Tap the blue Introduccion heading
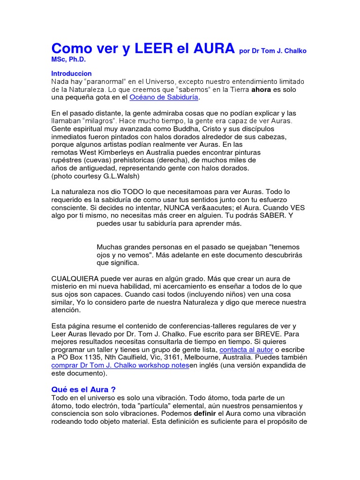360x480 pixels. (x=71, y=74)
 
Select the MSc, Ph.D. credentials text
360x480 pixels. (x=69, y=60)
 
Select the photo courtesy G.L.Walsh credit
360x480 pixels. (x=95, y=176)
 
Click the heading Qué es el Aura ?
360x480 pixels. (x=83, y=390)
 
